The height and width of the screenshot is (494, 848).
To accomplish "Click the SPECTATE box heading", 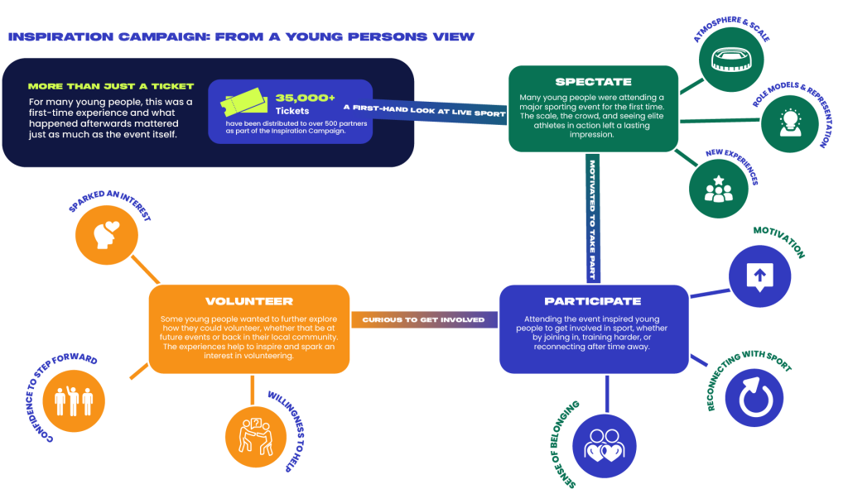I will (x=593, y=82).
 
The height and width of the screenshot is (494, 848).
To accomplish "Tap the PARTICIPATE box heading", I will (x=593, y=301).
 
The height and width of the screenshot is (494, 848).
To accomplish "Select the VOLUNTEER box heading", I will (x=248, y=301).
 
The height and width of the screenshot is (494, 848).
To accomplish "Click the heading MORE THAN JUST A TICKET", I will (x=111, y=86).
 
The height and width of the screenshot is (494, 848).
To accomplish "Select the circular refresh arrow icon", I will (x=754, y=397).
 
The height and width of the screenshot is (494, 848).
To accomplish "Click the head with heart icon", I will (x=106, y=235).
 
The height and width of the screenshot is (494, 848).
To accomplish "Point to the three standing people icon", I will (x=71, y=399).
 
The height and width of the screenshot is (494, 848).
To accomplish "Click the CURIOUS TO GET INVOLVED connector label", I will (x=423, y=319).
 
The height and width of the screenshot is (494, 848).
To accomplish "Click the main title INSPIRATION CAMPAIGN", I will (x=240, y=36).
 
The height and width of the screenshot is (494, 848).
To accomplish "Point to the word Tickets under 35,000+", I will (x=291, y=110).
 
